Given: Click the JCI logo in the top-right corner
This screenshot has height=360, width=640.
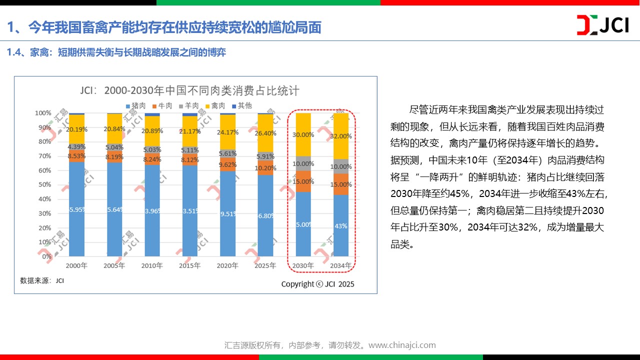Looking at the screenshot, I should (602, 25).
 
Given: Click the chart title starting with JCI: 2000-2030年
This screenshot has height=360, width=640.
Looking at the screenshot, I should (190, 91).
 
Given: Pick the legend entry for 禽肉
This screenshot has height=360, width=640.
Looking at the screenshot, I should (215, 106).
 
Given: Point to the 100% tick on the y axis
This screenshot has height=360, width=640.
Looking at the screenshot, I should (43, 113).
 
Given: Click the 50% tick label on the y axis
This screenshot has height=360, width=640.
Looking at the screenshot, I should (45, 185).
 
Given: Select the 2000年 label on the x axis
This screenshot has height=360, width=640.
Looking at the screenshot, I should (76, 266).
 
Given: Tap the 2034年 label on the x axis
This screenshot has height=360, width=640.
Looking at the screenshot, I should (341, 266).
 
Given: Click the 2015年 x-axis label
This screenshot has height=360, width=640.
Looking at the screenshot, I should (189, 266).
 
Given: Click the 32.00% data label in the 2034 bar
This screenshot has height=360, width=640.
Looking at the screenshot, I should (341, 136).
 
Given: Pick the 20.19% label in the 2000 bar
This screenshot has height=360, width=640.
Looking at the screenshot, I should (76, 130).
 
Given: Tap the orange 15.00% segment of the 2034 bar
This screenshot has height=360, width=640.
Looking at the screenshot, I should (341, 184).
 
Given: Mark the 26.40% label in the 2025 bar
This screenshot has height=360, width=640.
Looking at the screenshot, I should (265, 133).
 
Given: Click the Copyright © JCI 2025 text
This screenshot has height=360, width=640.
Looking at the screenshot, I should (317, 284).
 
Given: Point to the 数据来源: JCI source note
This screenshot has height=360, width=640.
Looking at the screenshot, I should (42, 280).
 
